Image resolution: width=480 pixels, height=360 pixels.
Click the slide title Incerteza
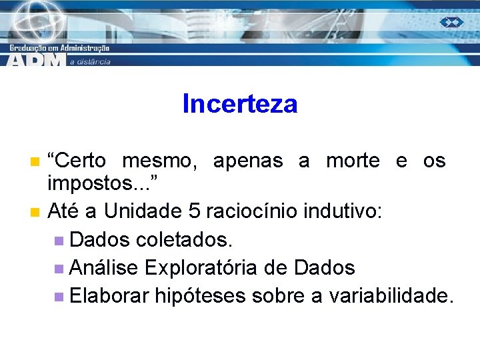(239, 104)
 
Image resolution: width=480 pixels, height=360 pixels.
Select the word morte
(353, 161)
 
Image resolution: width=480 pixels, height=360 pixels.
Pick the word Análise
(104, 267)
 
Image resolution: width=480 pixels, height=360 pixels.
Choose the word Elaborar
(109, 295)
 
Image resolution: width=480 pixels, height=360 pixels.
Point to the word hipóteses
(201, 295)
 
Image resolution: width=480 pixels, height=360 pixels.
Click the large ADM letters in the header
(37, 60)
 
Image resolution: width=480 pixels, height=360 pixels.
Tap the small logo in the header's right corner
(451, 22)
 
